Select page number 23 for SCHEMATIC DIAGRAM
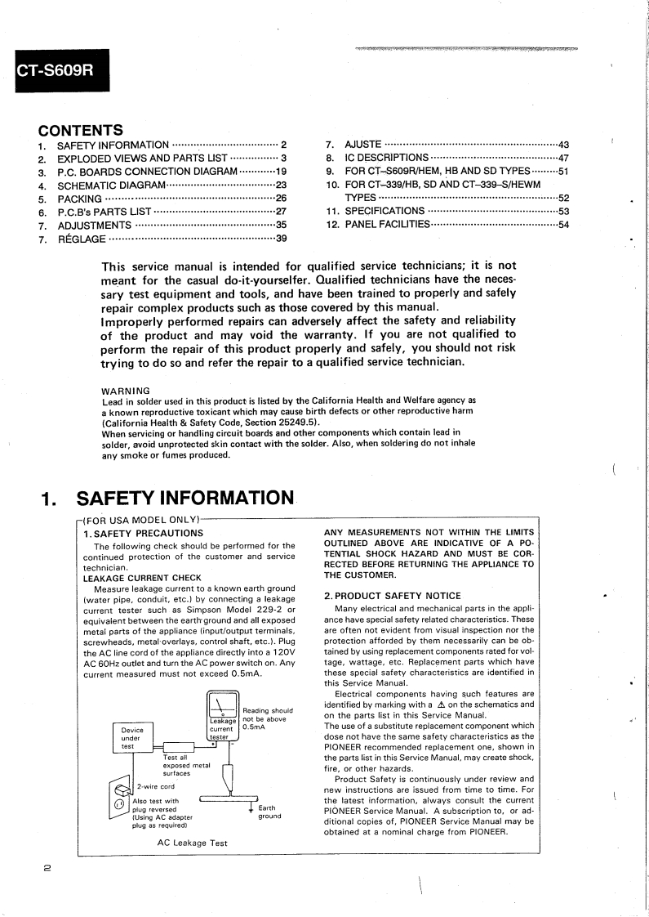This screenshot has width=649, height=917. tap(281, 185)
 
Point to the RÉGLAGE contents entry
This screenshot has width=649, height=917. tap(82, 239)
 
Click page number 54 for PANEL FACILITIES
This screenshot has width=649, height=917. tap(562, 225)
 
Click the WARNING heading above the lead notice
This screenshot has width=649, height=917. tap(126, 391)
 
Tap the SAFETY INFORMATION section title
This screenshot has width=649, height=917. tap(184, 498)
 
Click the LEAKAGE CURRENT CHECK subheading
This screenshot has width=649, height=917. tap(142, 578)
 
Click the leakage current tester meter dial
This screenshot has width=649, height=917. tap(222, 704)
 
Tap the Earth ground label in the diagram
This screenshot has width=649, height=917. tap(269, 812)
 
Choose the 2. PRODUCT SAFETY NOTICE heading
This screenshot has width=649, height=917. tap(392, 596)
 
